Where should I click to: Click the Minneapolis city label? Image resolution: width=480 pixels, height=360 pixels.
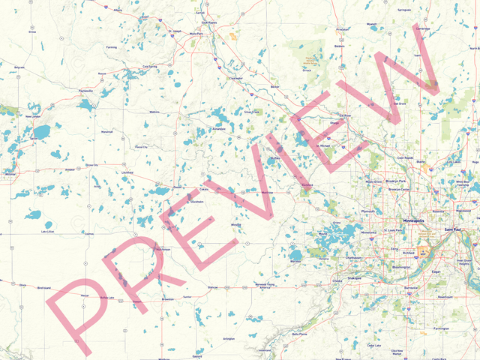[x=413, y=221]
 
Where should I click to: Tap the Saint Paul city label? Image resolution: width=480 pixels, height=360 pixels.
[x=453, y=229]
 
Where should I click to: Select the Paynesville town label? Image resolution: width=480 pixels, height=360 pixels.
[x=85, y=91]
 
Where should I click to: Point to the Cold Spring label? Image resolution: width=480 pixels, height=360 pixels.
[x=150, y=66]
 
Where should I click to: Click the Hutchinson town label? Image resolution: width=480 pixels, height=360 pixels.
[x=162, y=249]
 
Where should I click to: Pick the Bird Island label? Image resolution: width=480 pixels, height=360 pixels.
[x=43, y=288]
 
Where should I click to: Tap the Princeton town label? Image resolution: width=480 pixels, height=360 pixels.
[x=343, y=28]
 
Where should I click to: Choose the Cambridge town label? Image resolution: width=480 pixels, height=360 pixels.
[x=423, y=28]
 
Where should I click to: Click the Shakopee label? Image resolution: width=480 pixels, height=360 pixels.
[x=354, y=277]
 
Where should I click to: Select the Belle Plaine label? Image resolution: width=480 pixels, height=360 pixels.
[x=300, y=334]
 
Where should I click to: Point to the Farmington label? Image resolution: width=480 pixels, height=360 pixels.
[x=441, y=328]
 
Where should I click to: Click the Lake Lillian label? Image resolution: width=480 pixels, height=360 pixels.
[x=47, y=232]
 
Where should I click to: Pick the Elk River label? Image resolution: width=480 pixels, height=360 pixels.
[x=345, y=115]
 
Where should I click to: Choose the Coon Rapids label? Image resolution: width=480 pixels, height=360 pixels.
[x=405, y=157]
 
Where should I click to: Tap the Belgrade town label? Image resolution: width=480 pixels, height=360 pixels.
[x=19, y=67]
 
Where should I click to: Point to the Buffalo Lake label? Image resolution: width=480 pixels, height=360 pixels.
[x=107, y=298]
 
